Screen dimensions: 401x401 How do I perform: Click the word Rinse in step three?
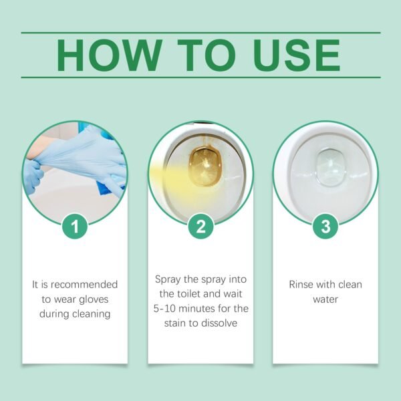(301, 284)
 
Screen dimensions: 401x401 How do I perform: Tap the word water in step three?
(325, 299)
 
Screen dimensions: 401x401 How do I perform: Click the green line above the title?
(200, 32)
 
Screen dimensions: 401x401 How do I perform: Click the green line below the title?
(200, 78)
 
